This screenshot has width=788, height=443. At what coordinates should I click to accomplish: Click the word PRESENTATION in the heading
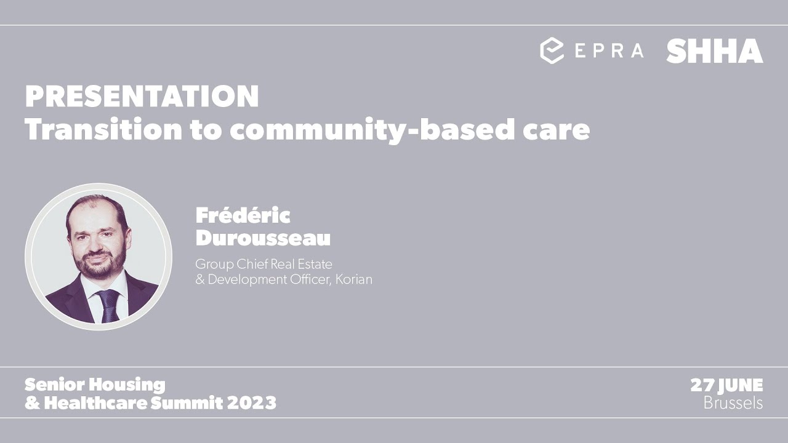pyautogui.click(x=142, y=96)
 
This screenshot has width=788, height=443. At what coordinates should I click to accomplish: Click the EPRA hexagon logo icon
pyautogui.click(x=552, y=50)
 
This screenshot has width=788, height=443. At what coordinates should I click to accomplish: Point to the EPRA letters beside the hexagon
pyautogui.click(x=609, y=50)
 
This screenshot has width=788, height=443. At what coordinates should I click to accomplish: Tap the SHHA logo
pyautogui.click(x=714, y=51)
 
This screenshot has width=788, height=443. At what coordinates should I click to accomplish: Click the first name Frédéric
pyautogui.click(x=243, y=215)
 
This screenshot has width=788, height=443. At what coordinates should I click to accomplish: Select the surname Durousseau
pyautogui.click(x=263, y=238)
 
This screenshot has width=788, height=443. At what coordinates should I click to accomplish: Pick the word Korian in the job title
pyautogui.click(x=354, y=279)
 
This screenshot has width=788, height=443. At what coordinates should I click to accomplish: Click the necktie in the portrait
pyautogui.click(x=110, y=305)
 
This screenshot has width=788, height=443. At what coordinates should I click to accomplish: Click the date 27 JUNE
pyautogui.click(x=726, y=386)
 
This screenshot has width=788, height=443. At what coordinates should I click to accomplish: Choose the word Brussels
pyautogui.click(x=733, y=403)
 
